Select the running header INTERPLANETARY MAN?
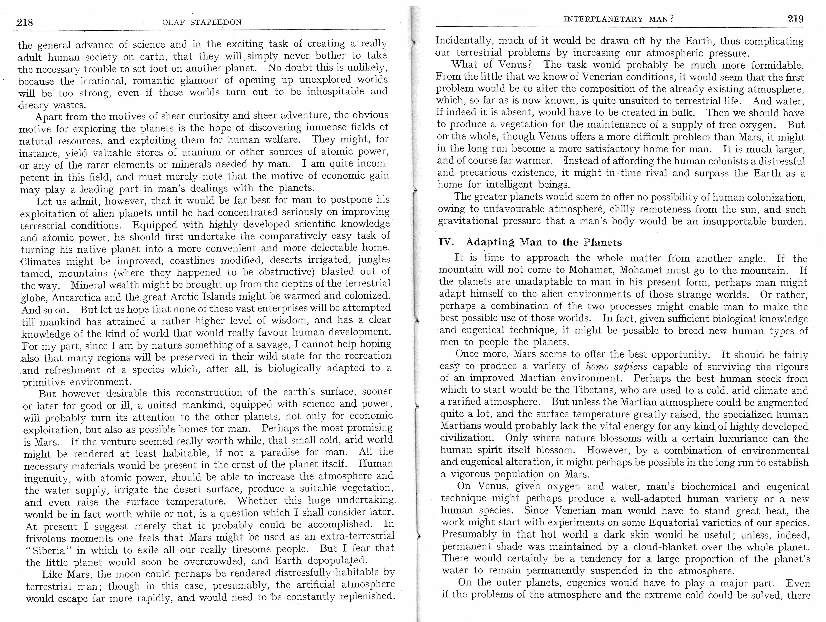click(618, 19)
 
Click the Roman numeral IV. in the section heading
click(446, 242)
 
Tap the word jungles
click(373, 259)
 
